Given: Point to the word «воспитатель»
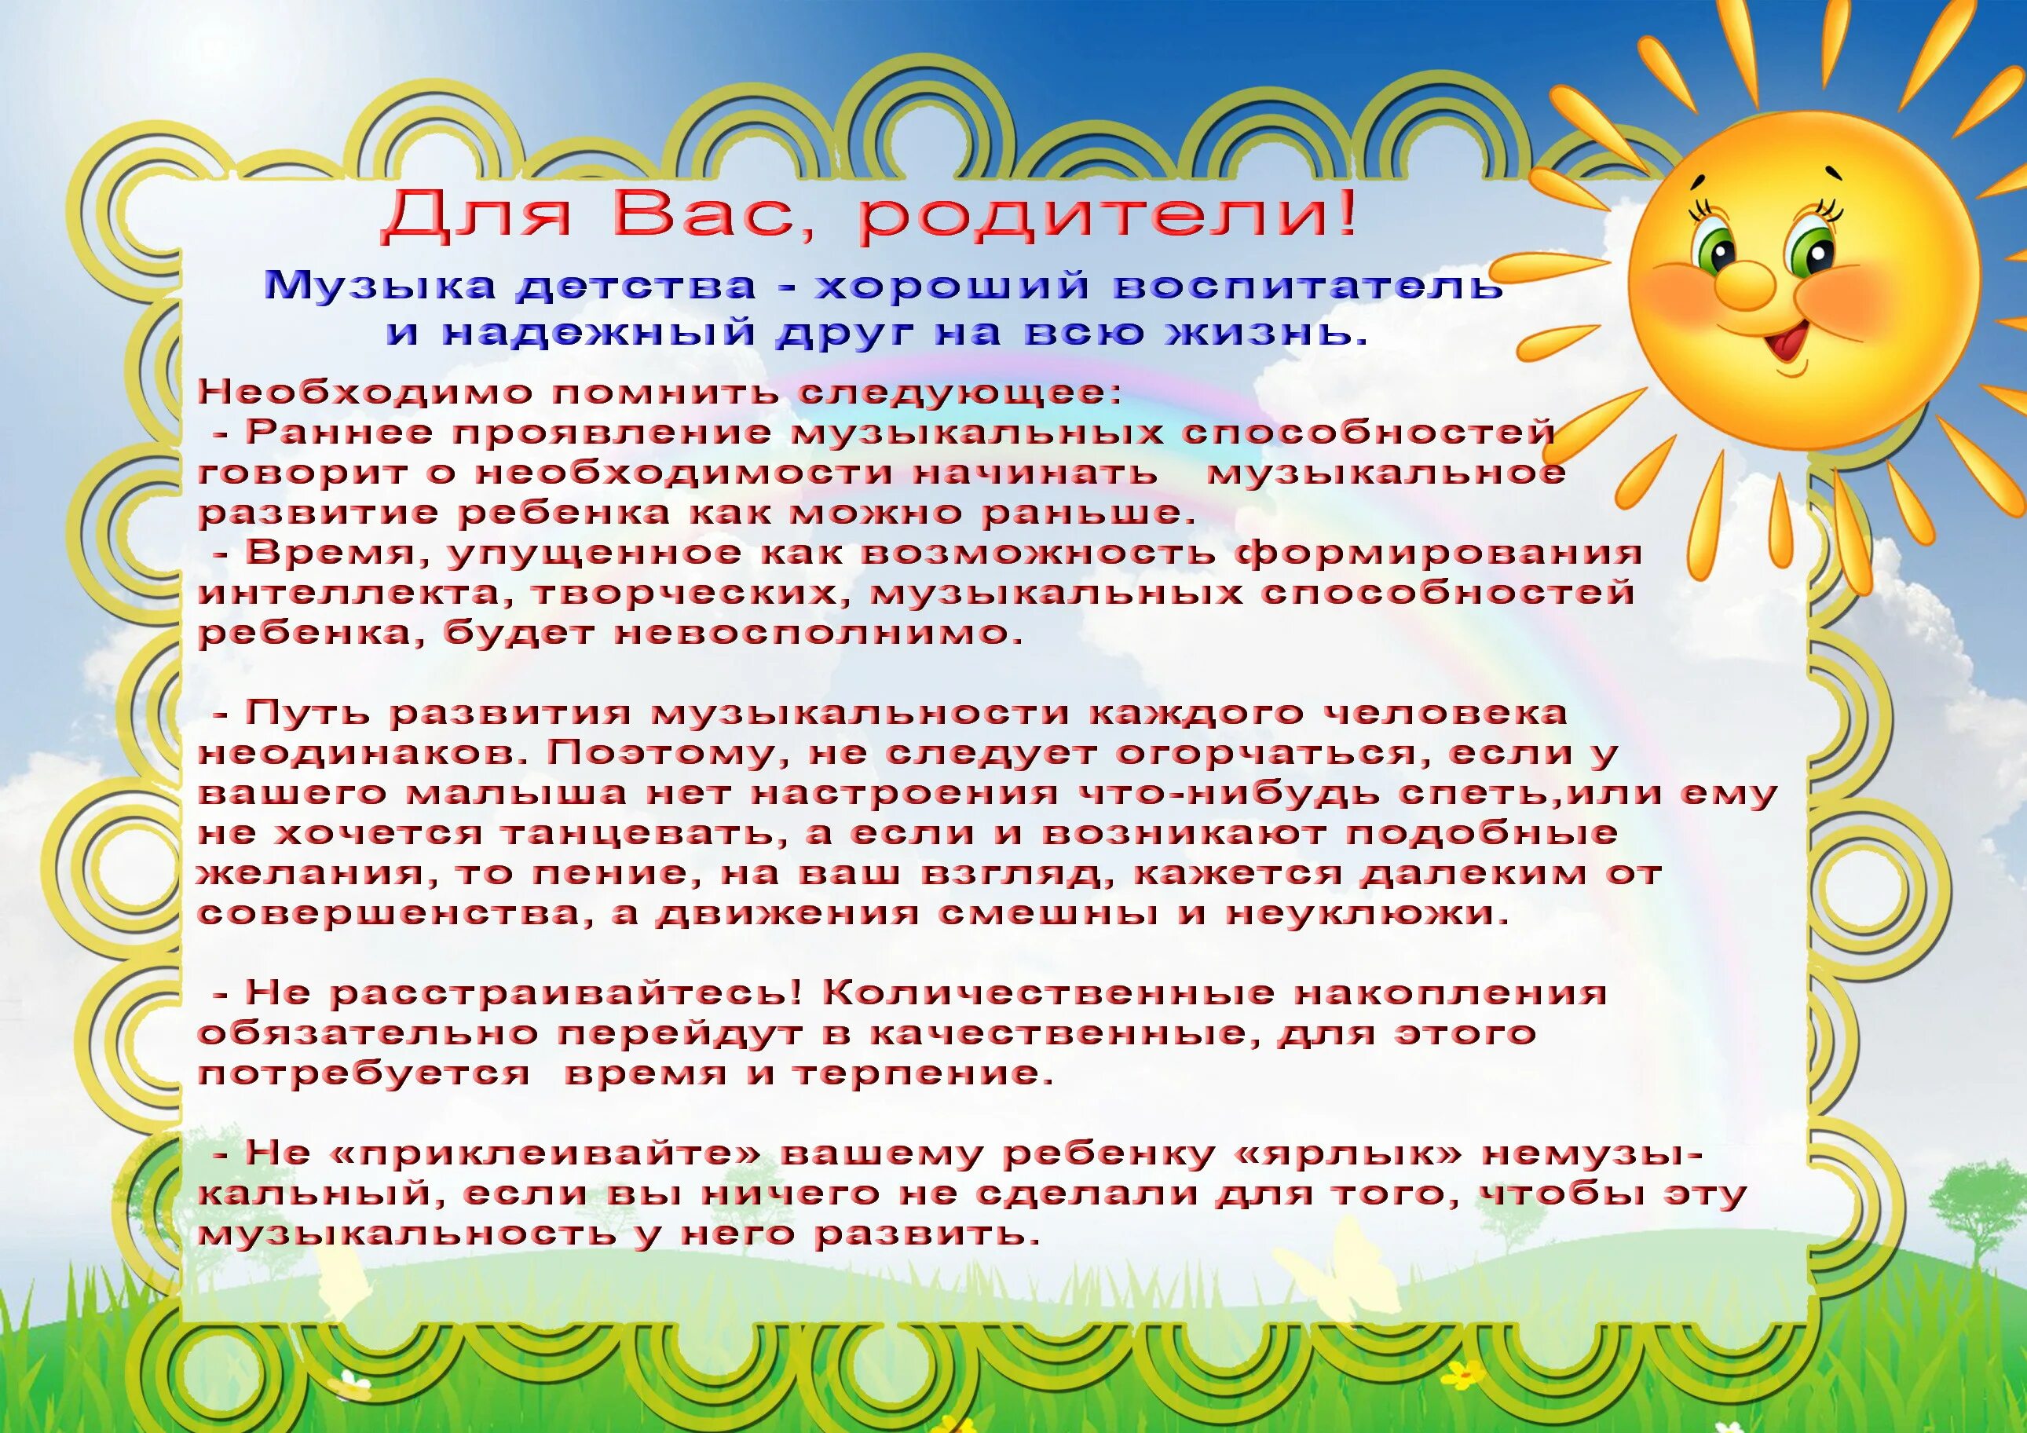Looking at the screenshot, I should (1308, 285).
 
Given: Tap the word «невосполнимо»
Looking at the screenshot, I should (818, 633).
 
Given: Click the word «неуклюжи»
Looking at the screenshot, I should (1367, 913).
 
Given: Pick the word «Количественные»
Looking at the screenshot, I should (1048, 992).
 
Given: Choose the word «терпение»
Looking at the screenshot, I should (924, 1073).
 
